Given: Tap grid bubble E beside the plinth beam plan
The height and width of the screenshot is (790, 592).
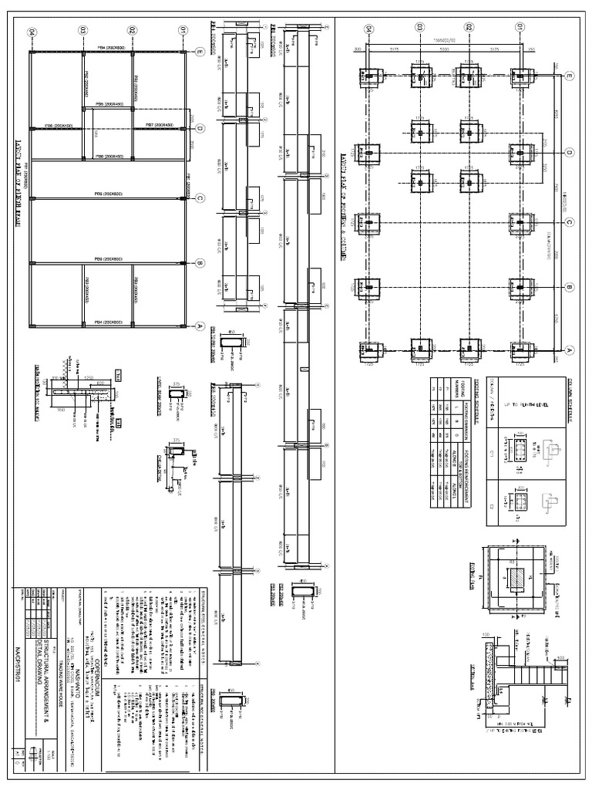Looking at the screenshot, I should [x=199, y=52].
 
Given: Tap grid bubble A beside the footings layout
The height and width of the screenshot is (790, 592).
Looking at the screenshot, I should [x=570, y=349].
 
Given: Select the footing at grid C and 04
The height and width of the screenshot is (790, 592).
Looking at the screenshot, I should [x=369, y=224].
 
